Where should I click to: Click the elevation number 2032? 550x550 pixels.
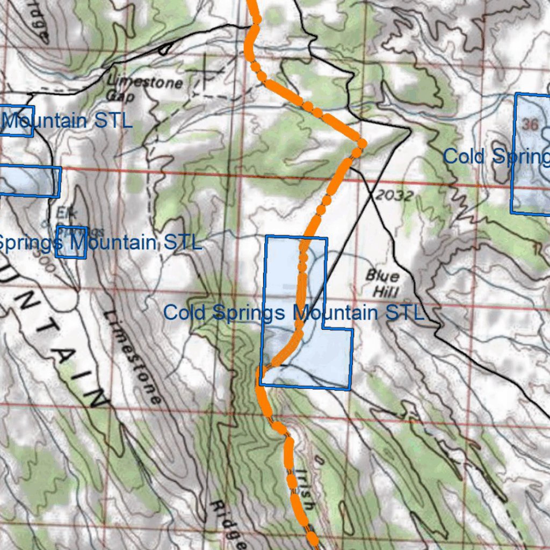(394, 196)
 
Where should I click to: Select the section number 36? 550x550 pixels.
(530, 125)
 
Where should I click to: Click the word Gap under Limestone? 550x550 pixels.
(121, 96)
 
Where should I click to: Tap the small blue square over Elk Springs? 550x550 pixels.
(71, 242)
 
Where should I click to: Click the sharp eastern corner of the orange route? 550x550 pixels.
(362, 143)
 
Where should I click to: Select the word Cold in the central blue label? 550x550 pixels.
(185, 312)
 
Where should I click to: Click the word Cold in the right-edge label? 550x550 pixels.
(464, 156)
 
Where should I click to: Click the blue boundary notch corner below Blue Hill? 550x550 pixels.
(323, 328)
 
